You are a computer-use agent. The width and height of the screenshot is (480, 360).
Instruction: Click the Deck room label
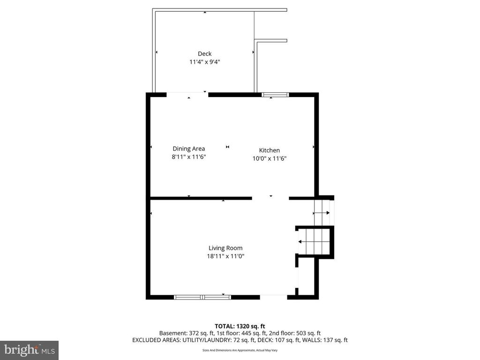pos(204,54)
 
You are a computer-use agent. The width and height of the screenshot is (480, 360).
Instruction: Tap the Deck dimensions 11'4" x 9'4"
pos(204,61)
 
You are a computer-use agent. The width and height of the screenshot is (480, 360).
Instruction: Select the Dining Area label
pos(188,149)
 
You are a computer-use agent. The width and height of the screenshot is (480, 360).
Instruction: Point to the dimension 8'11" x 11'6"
pos(188,157)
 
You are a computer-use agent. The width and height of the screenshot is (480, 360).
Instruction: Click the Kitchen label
pos(270,150)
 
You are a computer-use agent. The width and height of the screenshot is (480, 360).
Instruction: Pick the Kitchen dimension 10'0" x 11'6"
pos(270,158)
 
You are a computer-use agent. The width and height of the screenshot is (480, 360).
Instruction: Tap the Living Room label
pos(225,248)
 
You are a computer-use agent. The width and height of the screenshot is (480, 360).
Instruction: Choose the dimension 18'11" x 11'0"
pos(225,256)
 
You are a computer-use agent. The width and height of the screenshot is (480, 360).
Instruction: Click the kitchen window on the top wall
pos(275,95)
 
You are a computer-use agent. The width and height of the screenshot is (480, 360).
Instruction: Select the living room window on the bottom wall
pos(202,297)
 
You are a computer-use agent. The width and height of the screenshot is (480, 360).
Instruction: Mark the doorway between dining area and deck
pos(187,95)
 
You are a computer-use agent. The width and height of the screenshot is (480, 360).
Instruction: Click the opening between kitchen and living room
pos(270,198)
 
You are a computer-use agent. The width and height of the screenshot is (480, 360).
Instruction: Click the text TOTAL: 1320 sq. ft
pos(240,326)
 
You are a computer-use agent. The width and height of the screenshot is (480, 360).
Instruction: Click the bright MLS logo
pos(29,350)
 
